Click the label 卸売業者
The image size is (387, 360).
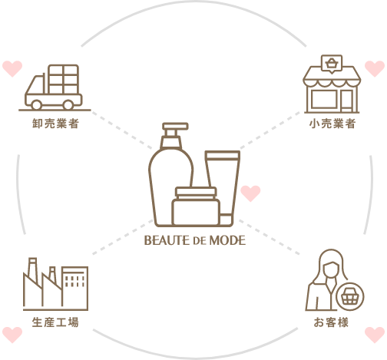55,124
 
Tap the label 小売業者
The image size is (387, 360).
332,124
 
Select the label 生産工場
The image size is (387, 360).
55,322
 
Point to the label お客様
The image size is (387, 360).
331,322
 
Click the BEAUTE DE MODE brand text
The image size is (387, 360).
195,240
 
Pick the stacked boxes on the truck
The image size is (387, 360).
63,79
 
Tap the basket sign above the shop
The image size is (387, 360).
332,64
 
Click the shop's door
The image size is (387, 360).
347,101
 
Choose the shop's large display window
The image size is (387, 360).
324,99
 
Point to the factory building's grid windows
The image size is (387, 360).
74,281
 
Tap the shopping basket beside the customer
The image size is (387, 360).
350,297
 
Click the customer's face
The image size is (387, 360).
331,270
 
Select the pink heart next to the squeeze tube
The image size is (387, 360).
250,193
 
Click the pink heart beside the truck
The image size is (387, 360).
12,68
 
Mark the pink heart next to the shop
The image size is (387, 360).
375,68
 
